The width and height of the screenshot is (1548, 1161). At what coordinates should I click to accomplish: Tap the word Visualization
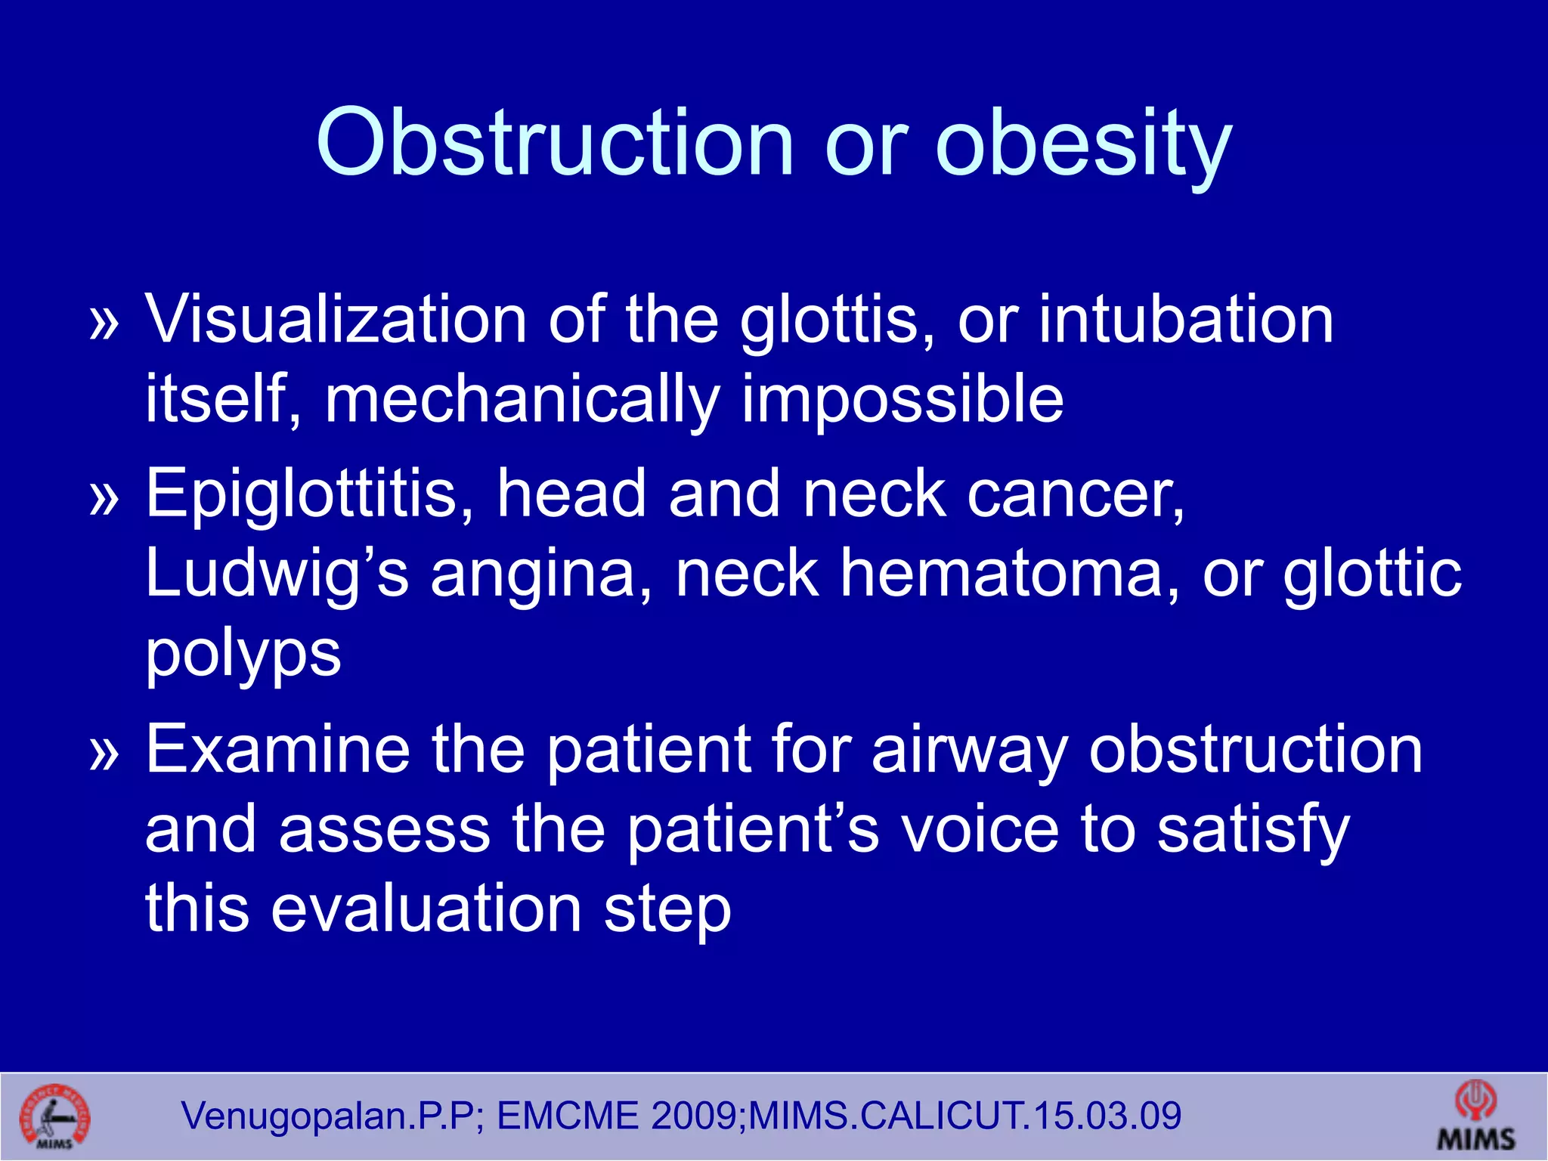(336, 319)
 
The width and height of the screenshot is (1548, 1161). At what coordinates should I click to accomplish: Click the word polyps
(243, 654)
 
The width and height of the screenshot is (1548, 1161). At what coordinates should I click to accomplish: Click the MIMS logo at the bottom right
(1475, 1116)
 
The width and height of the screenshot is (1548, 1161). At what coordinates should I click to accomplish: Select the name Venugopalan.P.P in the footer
(328, 1116)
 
